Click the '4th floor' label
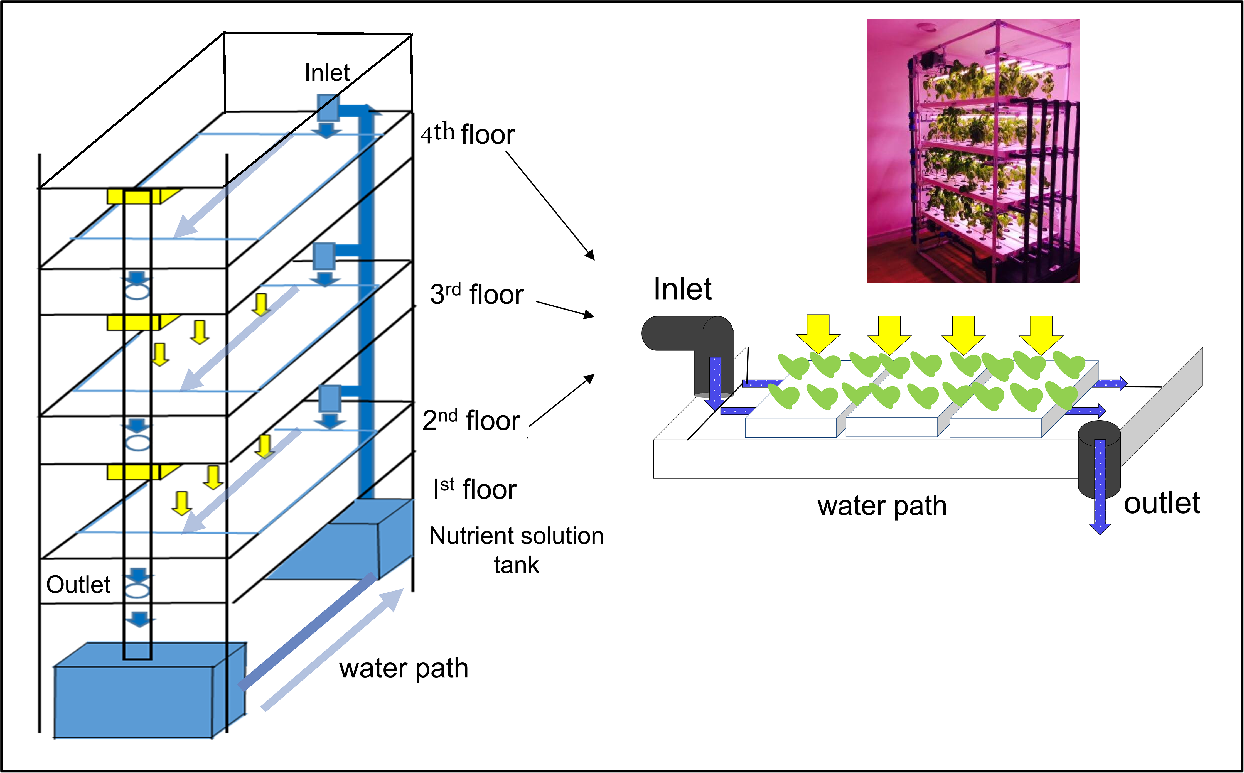(467, 134)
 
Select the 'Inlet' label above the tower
(327, 73)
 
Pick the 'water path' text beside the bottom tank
(403, 668)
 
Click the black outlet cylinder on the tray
(1099, 458)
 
